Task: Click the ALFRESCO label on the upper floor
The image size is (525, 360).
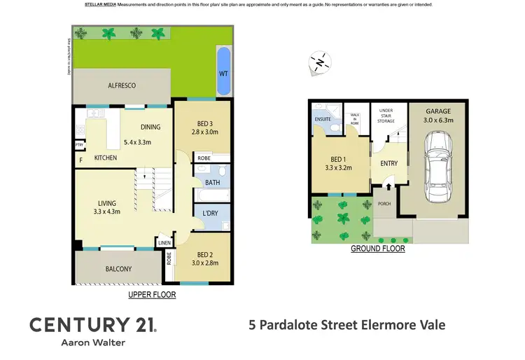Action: click(121, 85)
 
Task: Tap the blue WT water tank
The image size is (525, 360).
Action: click(223, 72)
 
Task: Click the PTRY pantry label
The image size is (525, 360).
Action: click(79, 145)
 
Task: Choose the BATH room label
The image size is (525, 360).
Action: click(212, 183)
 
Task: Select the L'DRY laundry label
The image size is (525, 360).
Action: click(211, 212)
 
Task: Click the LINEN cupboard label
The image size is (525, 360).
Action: click(164, 243)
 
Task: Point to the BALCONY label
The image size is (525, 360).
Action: click(119, 269)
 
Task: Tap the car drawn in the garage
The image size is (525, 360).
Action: click(437, 166)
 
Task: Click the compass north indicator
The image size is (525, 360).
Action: click(319, 64)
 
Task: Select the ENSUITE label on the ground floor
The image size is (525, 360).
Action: click(323, 119)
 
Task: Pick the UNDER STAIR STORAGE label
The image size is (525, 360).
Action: click(386, 116)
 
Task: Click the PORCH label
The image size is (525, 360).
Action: click(384, 205)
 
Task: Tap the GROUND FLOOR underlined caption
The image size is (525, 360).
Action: click(377, 249)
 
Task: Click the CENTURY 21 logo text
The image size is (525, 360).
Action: click(92, 324)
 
